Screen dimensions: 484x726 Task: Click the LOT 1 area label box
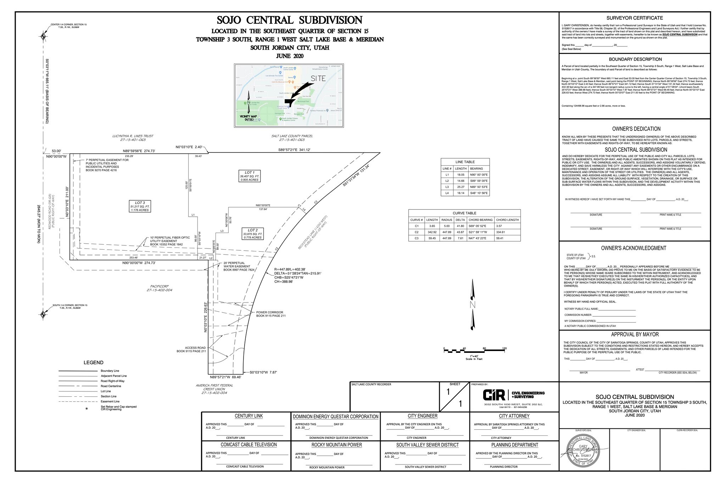point(250,176)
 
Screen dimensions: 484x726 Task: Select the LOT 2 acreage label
point(252,234)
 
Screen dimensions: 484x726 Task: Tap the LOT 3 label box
point(140,206)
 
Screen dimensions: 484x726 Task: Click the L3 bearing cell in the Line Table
point(479,187)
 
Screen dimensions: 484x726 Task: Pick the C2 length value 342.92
point(432,232)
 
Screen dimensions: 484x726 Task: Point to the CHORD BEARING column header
point(481,220)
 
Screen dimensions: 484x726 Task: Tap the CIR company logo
point(494,395)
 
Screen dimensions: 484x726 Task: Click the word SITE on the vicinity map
point(318,78)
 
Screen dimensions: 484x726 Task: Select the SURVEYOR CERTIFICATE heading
point(635,18)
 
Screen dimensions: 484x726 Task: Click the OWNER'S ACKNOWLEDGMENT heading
point(633,248)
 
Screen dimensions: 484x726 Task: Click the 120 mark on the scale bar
point(504,349)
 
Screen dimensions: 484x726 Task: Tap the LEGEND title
point(94,362)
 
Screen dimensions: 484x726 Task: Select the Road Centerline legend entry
point(111,386)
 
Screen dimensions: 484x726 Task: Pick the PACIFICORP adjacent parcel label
point(159,286)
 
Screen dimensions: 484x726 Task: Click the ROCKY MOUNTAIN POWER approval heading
point(336,445)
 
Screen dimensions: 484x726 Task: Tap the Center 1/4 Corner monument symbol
point(43,36)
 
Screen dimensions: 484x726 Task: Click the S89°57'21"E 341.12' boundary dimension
point(294,150)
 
